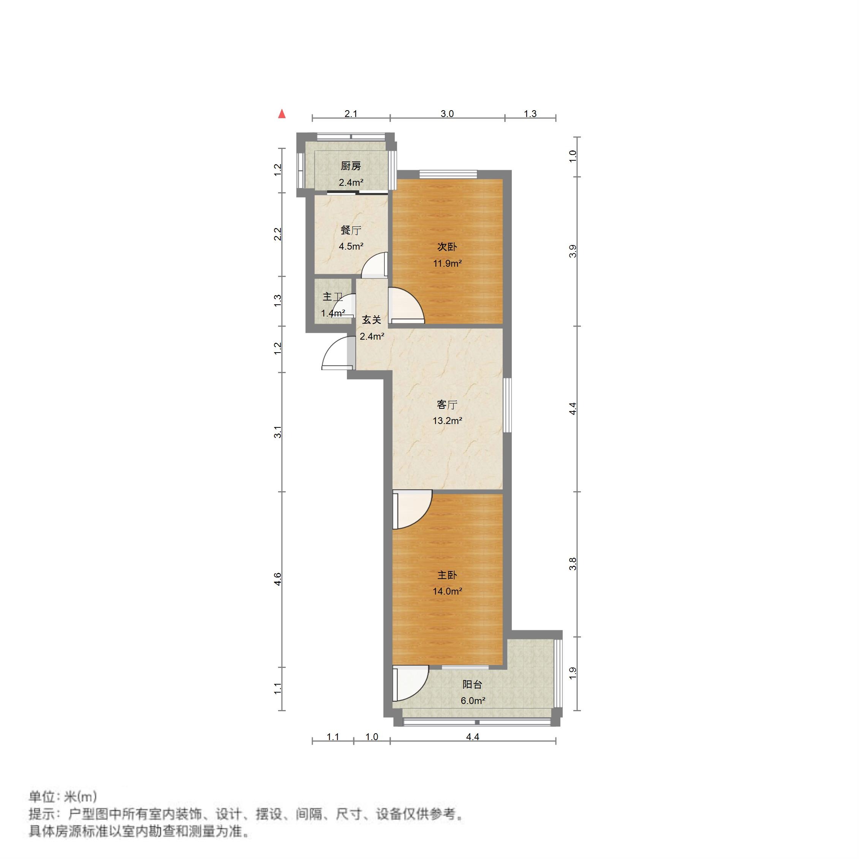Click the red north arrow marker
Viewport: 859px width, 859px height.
point(282,114)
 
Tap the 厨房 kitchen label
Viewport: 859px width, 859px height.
point(351,166)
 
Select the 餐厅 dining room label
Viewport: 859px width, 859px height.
point(351,230)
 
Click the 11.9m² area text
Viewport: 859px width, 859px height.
point(447,263)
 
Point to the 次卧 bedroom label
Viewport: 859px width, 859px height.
point(447,247)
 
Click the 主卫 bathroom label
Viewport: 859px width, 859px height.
point(332,297)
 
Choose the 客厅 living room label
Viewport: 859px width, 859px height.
point(447,405)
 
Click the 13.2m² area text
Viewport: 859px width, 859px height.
point(447,421)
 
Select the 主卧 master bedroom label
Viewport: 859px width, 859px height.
point(447,575)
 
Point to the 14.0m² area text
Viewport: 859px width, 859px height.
point(447,591)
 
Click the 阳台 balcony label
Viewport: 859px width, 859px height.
point(472,685)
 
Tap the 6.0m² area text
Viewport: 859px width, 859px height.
point(473,701)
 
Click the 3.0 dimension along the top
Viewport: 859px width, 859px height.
point(447,114)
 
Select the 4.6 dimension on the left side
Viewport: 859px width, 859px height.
point(278,579)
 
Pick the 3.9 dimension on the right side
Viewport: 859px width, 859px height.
point(573,251)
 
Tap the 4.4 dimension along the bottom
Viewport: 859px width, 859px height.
point(473,737)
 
